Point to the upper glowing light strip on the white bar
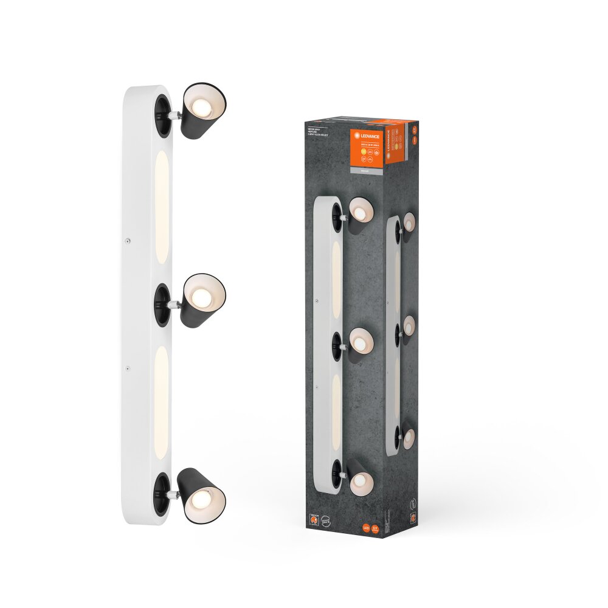pyautogui.click(x=162, y=207)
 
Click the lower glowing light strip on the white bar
pyautogui.click(x=162, y=398)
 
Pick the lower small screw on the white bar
pyautogui.click(x=127, y=368)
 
